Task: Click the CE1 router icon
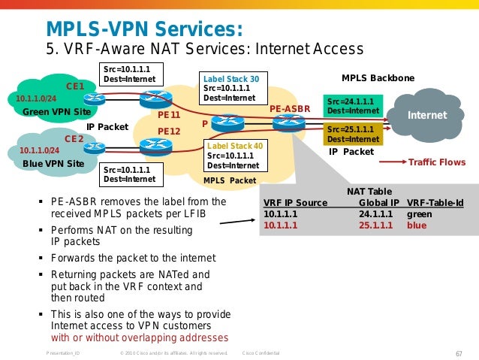click(95, 98)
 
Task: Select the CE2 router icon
click(95, 148)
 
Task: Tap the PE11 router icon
click(156, 98)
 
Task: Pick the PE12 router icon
click(156, 147)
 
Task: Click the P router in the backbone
click(227, 123)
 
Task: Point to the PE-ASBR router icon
click(289, 123)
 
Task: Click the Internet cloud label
click(427, 115)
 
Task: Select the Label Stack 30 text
click(231, 79)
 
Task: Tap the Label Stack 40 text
click(235, 146)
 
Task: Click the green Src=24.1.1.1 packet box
click(353, 106)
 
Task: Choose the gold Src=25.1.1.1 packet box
click(353, 135)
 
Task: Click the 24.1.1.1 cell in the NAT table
click(375, 213)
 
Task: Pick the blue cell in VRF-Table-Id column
click(417, 225)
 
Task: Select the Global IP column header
click(379, 202)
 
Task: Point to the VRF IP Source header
click(295, 202)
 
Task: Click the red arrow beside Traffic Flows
click(393, 162)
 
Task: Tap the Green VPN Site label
click(57, 112)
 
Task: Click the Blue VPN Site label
click(53, 164)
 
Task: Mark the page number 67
click(459, 353)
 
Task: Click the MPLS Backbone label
click(378, 78)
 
